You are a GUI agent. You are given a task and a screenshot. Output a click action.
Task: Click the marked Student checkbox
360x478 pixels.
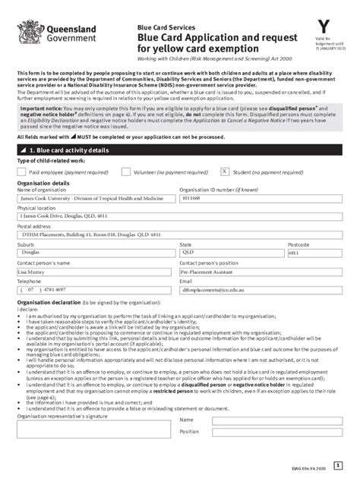click(225, 172)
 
